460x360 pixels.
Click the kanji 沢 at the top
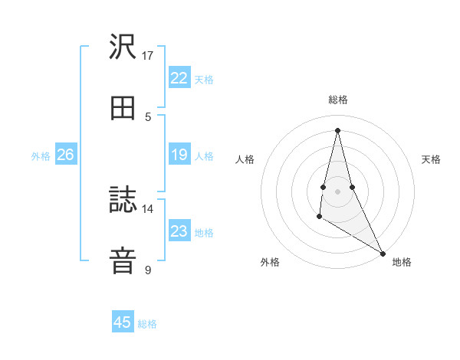coord(123,48)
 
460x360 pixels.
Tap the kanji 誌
coord(123,201)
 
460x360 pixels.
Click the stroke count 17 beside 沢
coord(148,55)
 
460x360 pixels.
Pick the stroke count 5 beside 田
coord(148,116)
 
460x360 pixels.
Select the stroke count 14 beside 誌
coord(148,208)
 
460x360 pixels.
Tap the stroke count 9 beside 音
coord(148,270)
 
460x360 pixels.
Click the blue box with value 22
coord(179,78)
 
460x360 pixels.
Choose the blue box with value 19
coord(179,155)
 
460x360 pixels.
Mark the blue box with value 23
coord(179,231)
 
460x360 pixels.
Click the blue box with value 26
coord(65,155)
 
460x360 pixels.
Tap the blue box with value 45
coord(123,322)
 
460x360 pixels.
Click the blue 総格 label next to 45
coord(147,324)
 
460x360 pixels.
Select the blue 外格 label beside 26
coord(41,156)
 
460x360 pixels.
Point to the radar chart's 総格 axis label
coord(338,100)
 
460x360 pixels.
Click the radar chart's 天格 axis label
coord(431,159)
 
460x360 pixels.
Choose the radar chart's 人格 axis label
coord(245,159)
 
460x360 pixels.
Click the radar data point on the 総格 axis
coord(338,129)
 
